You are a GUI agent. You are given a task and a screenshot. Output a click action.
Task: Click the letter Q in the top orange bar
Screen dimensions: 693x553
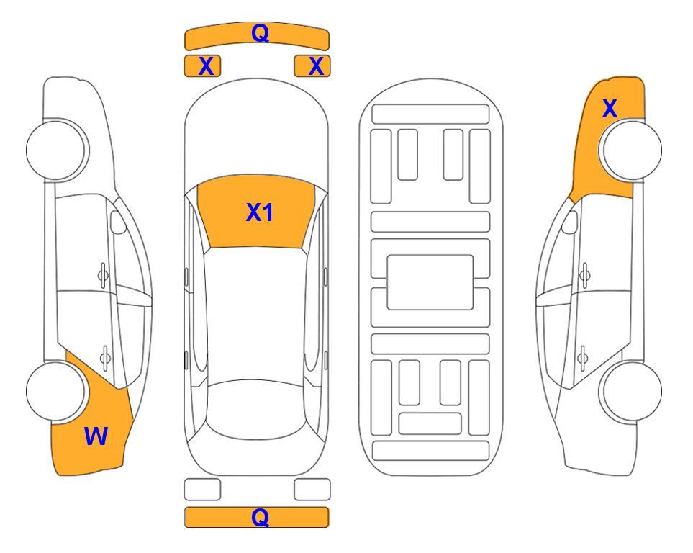coord(260,33)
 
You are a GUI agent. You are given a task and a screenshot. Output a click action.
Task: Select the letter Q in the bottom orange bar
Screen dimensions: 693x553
coord(260,517)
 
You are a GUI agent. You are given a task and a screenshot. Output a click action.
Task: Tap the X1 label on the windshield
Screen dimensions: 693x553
coord(260,212)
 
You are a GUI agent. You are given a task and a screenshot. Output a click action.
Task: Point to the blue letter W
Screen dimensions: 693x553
coord(96,436)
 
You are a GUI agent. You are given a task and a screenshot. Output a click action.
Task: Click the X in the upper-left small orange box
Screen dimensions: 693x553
coord(206,66)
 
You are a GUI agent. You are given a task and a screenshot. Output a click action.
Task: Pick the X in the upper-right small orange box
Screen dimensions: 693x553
coord(316,66)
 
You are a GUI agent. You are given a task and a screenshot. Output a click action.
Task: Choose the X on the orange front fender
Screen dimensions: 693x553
coord(610,109)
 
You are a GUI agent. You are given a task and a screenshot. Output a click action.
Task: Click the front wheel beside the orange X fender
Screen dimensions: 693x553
coord(630,150)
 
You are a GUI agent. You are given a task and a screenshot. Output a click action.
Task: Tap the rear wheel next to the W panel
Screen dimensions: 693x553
coord(57,392)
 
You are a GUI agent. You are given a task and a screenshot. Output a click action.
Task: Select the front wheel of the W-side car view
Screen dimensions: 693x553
coord(57,150)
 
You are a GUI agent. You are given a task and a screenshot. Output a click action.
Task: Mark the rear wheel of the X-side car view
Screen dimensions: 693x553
coord(630,391)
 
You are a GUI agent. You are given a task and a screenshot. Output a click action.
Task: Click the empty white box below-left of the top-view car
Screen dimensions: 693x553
coord(202,490)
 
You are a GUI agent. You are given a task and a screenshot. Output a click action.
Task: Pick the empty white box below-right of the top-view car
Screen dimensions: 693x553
coord(312,490)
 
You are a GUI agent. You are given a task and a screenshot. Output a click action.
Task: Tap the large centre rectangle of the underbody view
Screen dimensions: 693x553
coord(430,282)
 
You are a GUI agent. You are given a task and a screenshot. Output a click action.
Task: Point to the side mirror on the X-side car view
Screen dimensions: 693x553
coord(569,222)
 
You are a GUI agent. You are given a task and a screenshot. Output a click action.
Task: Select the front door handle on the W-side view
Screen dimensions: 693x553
coord(103,275)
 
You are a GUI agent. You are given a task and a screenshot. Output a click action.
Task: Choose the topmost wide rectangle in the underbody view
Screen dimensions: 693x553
coord(430,114)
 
